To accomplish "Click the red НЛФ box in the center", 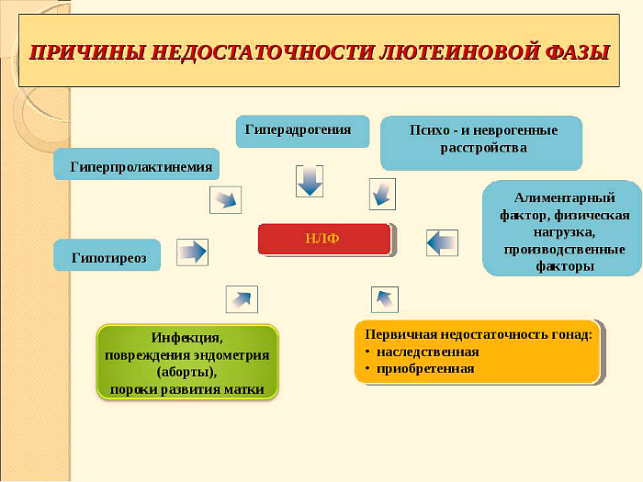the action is (x=324, y=239).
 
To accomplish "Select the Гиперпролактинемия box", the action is (x=137, y=164).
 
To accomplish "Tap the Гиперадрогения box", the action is (x=302, y=131).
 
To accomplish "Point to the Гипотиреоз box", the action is (x=107, y=255).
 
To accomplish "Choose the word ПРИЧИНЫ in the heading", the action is (x=86, y=52).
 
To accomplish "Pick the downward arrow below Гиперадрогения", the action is (x=310, y=181).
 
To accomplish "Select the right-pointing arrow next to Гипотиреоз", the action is (x=192, y=252).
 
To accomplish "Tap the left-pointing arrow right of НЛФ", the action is (x=442, y=242).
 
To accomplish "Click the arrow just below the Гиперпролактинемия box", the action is (x=226, y=199).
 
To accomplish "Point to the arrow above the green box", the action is (x=242, y=299).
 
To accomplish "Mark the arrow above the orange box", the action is (x=385, y=299).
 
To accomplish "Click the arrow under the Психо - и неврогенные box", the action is (x=383, y=194).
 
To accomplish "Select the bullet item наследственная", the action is (x=428, y=352).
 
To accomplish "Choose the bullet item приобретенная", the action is (x=425, y=368).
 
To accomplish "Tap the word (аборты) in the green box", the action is (x=186, y=372).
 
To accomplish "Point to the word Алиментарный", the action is (x=564, y=198).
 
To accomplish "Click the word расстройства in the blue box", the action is (x=483, y=148).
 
